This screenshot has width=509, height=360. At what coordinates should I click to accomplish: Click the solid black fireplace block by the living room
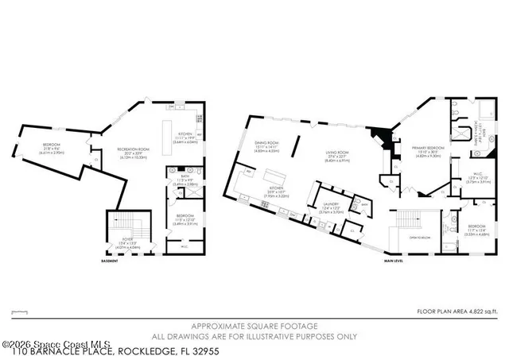tap(384, 140)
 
